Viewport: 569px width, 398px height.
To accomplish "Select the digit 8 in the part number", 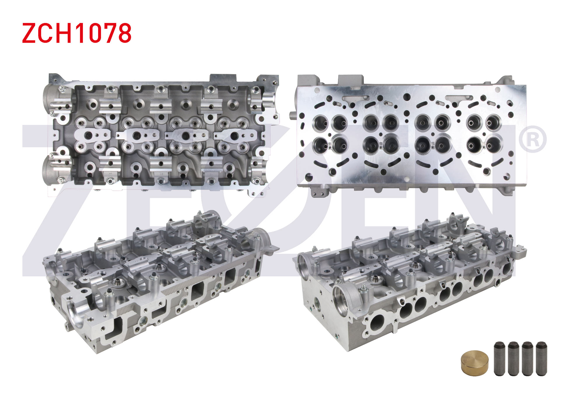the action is point(124,33).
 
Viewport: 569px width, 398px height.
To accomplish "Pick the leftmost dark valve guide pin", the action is point(499,358).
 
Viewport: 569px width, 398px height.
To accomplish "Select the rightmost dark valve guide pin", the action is point(541,358).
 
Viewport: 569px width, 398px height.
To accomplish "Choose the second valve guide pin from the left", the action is point(513,358).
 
